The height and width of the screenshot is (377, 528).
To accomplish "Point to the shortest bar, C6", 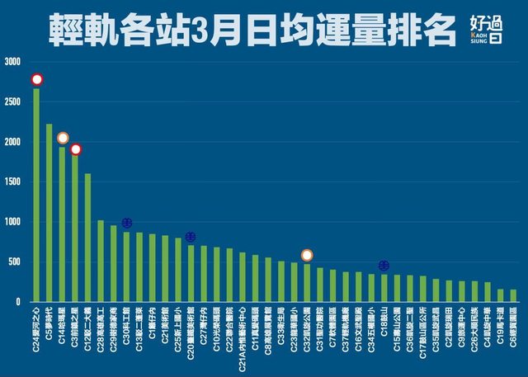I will click(x=513, y=295).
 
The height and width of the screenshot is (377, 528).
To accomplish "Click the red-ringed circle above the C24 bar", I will click(x=36, y=80).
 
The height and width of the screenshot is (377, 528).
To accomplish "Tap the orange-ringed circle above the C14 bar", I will click(x=63, y=138).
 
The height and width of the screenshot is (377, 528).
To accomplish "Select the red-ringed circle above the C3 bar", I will click(x=75, y=149).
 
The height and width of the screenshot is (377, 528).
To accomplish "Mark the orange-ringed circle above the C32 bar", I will click(x=307, y=255).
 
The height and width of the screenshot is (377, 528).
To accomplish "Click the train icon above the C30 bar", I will click(x=126, y=223).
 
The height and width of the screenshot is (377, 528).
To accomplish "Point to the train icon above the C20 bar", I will click(x=191, y=238).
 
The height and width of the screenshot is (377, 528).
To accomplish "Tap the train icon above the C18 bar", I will click(x=384, y=265).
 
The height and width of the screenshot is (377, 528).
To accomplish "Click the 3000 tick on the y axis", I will click(x=12, y=62).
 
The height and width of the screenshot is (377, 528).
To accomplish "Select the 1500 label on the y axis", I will click(x=12, y=181).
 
